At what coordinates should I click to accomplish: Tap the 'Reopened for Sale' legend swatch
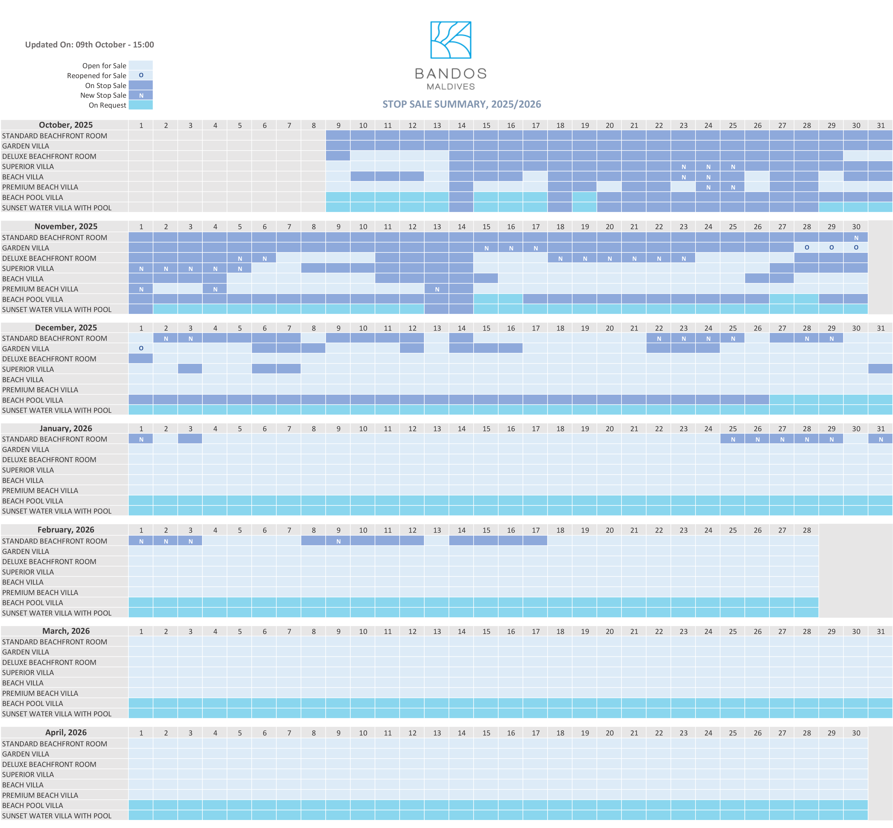[141, 75]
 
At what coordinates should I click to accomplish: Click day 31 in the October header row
[880, 126]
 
